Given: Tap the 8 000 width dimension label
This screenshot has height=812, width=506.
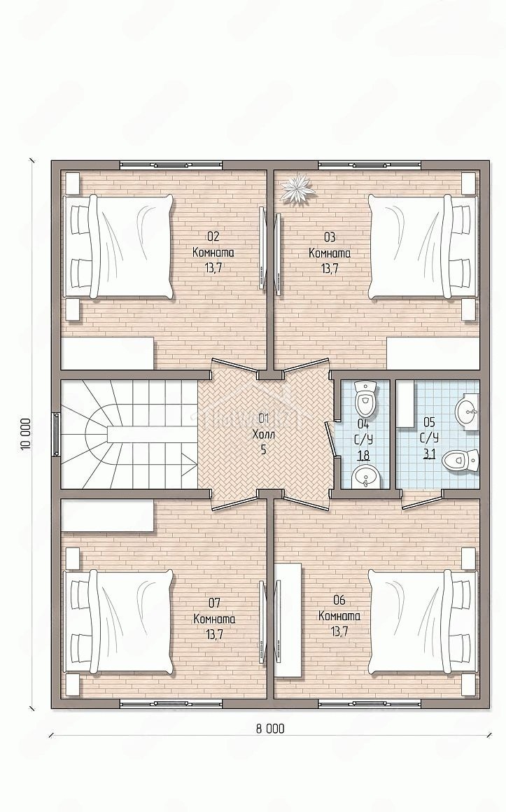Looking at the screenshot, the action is click(x=270, y=729).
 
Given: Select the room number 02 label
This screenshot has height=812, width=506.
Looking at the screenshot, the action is click(x=213, y=237).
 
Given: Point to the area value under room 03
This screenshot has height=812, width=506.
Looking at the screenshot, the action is click(x=330, y=268).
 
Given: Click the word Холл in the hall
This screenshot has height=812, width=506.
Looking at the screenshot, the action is click(x=263, y=434).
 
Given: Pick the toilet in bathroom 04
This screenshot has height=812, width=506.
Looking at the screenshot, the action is click(x=365, y=399).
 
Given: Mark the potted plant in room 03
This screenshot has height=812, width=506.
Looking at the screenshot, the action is click(x=298, y=189).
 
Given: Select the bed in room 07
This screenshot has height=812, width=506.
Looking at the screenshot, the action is click(x=118, y=622).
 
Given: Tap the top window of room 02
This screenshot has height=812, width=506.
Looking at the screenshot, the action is click(x=171, y=164).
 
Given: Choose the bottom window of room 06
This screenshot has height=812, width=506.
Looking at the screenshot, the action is click(x=370, y=703).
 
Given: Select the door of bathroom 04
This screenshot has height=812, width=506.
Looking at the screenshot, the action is click(x=331, y=439).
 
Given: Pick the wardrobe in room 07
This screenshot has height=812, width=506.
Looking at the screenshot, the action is click(x=108, y=515).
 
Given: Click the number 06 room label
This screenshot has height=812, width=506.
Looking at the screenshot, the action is click(x=339, y=600).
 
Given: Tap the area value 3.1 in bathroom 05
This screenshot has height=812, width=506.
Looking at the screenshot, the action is click(x=429, y=454).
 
